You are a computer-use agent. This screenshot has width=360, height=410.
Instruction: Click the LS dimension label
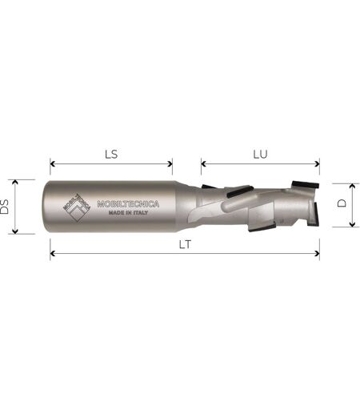point(111,155)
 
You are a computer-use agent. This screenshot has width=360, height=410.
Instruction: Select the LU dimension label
point(260,155)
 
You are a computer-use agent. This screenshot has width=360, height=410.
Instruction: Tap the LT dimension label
point(185,244)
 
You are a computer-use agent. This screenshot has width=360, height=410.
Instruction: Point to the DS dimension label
point(5,207)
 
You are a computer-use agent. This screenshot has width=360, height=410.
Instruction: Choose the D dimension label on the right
point(342,203)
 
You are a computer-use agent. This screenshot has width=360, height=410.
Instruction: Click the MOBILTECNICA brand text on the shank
point(128,204)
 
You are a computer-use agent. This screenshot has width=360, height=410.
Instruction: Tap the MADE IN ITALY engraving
point(128,213)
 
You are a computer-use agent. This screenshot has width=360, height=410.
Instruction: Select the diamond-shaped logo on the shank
point(77,207)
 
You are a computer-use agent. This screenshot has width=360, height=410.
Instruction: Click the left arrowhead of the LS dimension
point(53,163)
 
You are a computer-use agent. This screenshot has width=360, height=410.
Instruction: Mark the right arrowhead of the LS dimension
point(170,163)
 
